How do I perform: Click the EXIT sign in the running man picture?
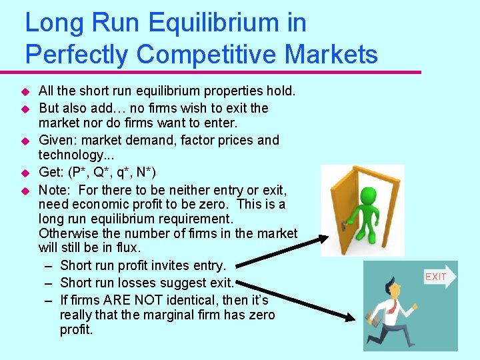tap(436, 277)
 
